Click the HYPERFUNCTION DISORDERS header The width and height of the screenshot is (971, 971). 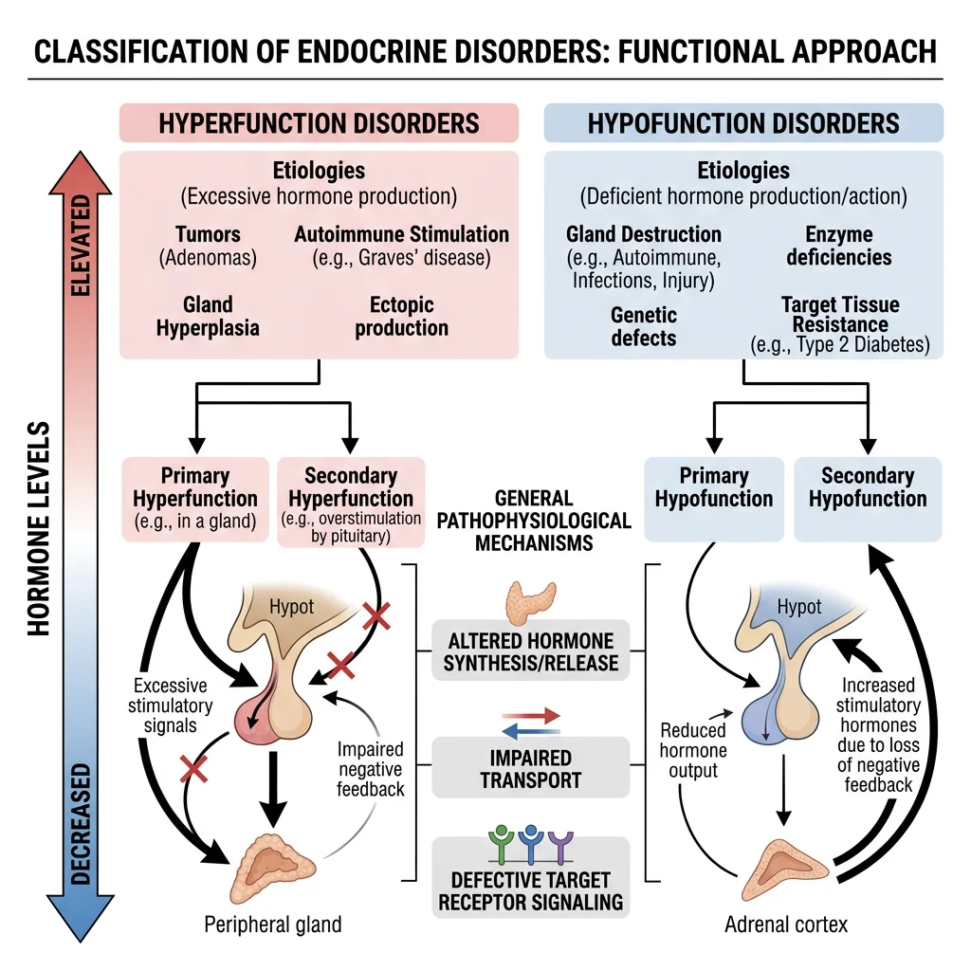319,124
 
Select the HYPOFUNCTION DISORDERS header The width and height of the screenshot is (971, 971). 743,124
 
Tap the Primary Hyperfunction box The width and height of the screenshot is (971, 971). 195,500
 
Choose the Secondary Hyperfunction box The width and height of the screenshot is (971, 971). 351,502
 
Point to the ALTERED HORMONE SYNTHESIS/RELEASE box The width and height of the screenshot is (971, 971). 531,651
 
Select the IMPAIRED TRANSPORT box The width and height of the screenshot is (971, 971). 531,769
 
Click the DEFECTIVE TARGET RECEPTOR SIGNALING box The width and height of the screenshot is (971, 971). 531,889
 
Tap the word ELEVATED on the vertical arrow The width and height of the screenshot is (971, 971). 82,233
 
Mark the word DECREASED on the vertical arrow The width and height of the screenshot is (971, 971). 82,823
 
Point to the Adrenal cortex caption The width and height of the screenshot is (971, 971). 786,923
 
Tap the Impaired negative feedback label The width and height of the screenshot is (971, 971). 371,768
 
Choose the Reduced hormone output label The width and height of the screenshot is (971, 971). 694,750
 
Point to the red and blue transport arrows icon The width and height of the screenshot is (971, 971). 530,723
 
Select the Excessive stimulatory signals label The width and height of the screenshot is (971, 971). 173,705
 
